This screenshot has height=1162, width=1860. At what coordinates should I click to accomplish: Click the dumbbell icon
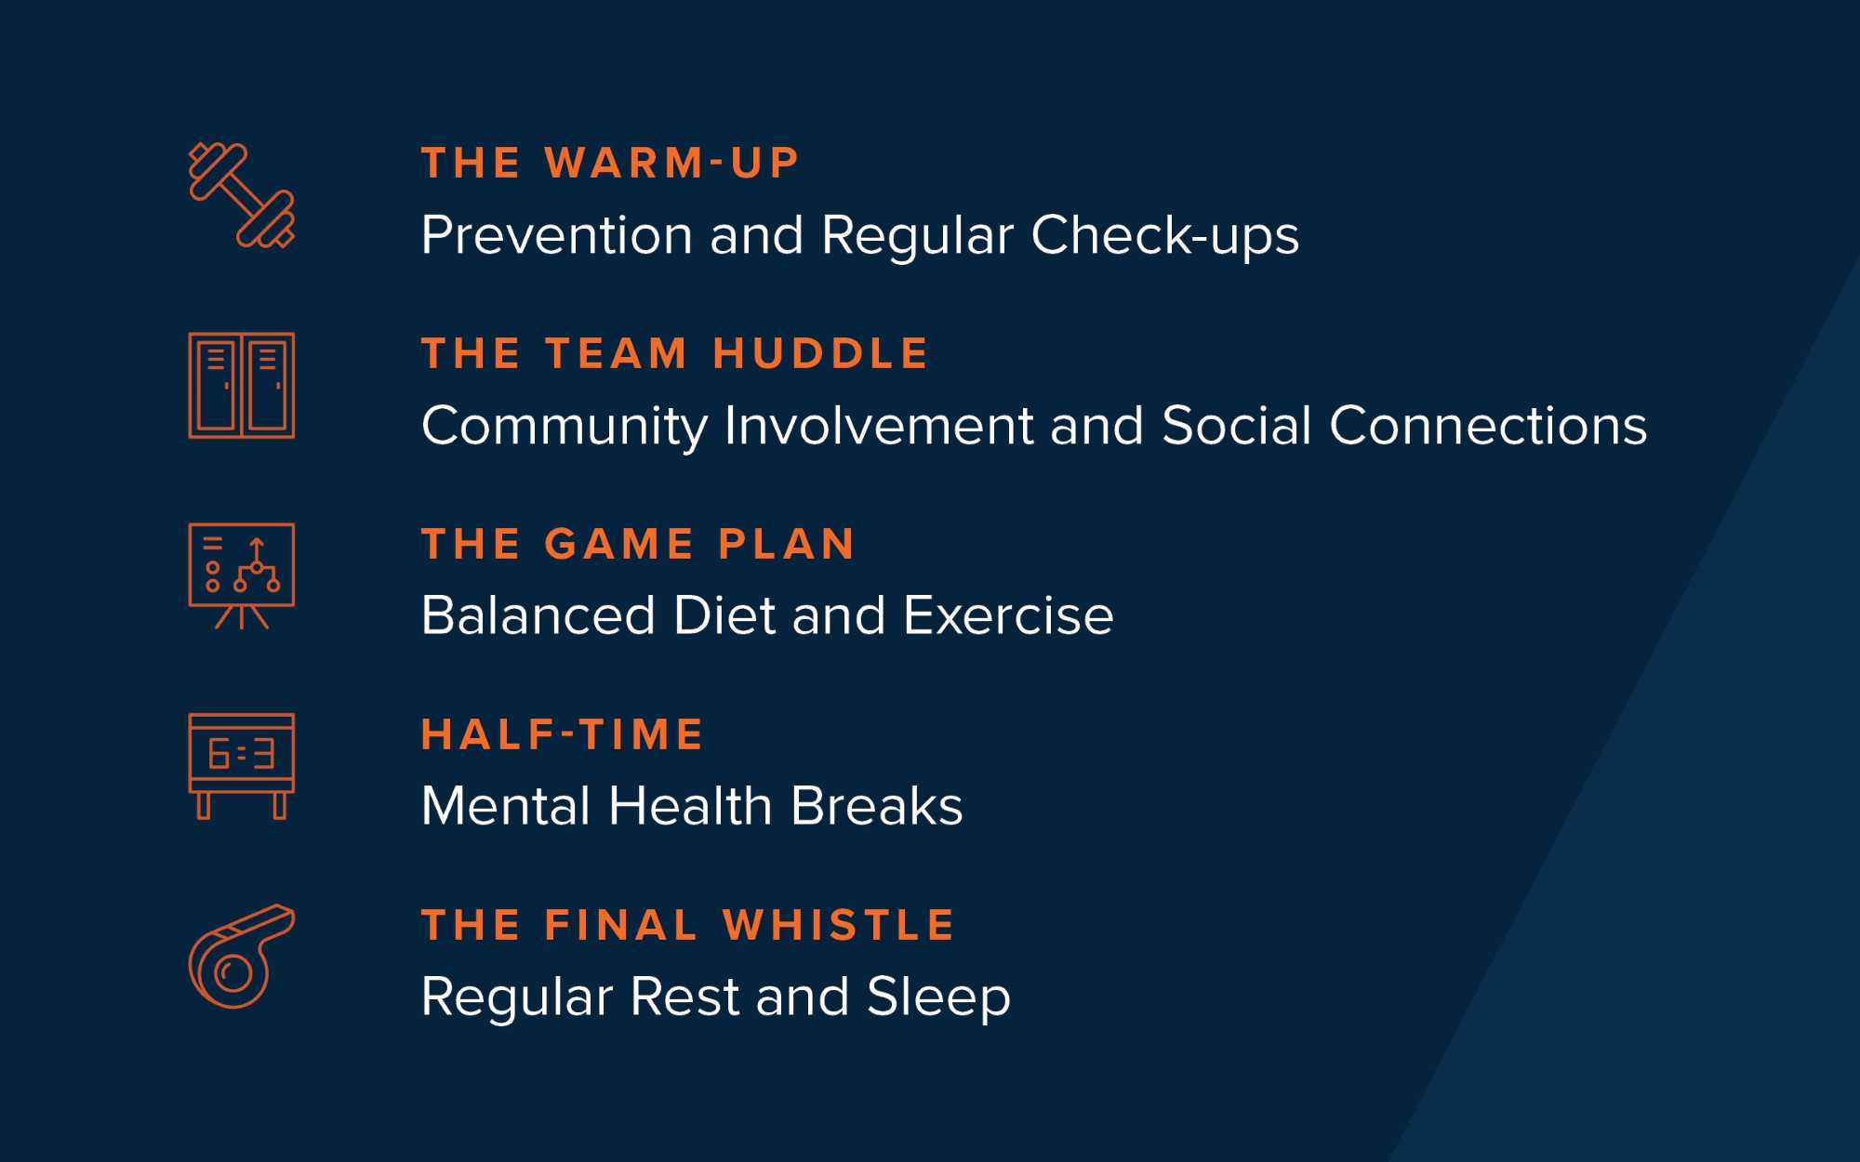click(x=242, y=195)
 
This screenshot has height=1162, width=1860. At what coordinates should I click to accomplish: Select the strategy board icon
click(x=242, y=576)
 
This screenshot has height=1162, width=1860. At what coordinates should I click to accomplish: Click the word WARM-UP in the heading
click(x=671, y=164)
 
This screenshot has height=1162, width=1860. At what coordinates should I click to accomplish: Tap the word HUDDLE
click(x=821, y=354)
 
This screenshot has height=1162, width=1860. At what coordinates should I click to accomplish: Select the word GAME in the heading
click(x=618, y=545)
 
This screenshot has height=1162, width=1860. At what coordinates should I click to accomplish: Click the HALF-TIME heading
click(x=563, y=735)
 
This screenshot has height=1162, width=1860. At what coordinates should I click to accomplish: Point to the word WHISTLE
click(x=839, y=926)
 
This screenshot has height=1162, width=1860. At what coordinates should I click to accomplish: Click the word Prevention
click(x=557, y=235)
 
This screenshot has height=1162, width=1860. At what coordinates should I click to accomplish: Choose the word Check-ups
click(x=1165, y=237)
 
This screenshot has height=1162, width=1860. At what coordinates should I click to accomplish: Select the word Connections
click(x=1488, y=426)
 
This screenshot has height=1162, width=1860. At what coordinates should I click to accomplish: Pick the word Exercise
click(x=1008, y=615)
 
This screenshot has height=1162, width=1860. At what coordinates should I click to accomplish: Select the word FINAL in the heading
click(x=620, y=926)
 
